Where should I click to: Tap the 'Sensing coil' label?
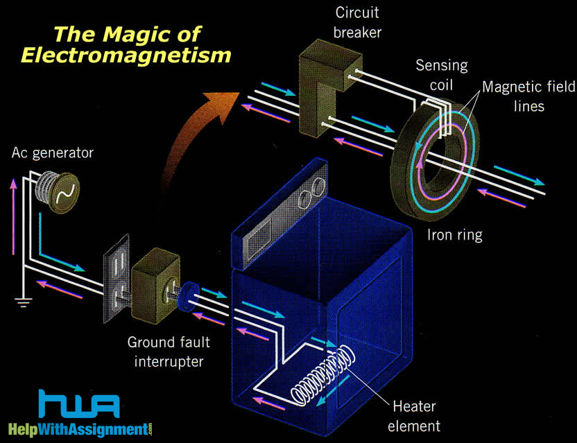click(441, 76)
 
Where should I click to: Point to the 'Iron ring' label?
click(454, 235)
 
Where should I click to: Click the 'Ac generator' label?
click(51, 152)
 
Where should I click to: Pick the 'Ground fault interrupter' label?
click(168, 351)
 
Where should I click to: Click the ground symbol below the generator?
click(24, 300)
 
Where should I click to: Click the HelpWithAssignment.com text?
click(80, 428)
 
